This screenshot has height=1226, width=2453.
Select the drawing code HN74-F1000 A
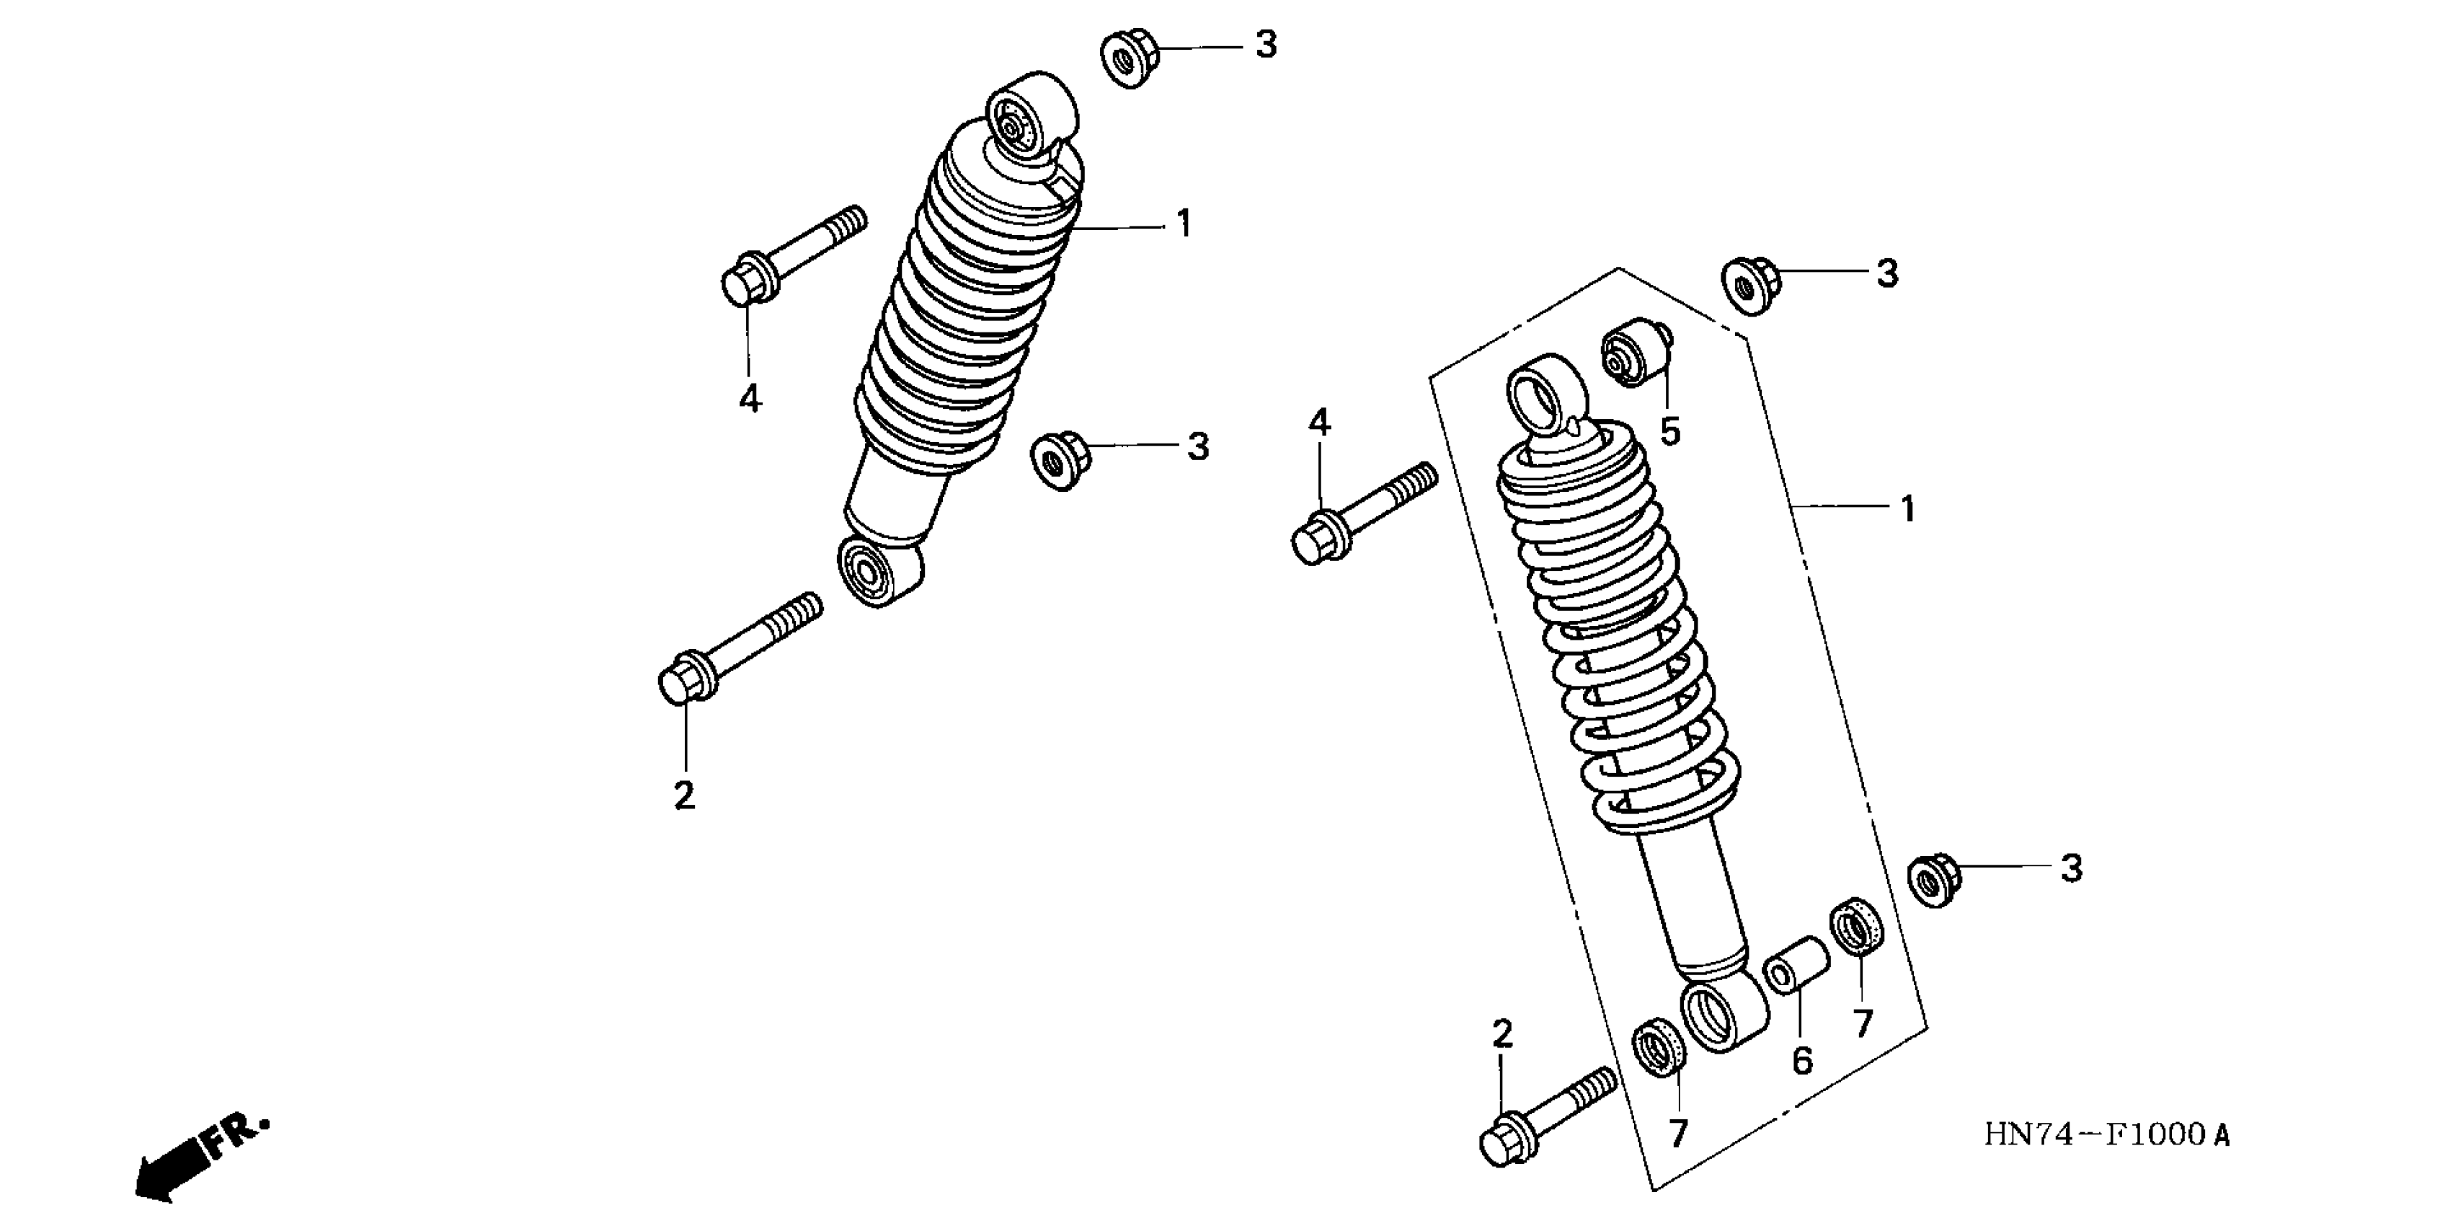click(x=2106, y=1134)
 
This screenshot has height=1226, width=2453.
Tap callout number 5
click(x=1670, y=431)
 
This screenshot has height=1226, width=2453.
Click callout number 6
click(x=1801, y=1060)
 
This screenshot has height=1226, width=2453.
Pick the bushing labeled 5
click(x=1637, y=354)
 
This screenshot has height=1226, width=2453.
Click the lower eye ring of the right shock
click(x=1721, y=1015)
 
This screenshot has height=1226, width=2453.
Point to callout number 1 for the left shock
click(x=1184, y=225)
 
